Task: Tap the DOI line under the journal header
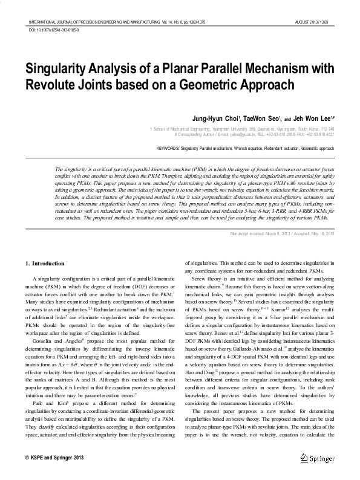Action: point(54,29)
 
